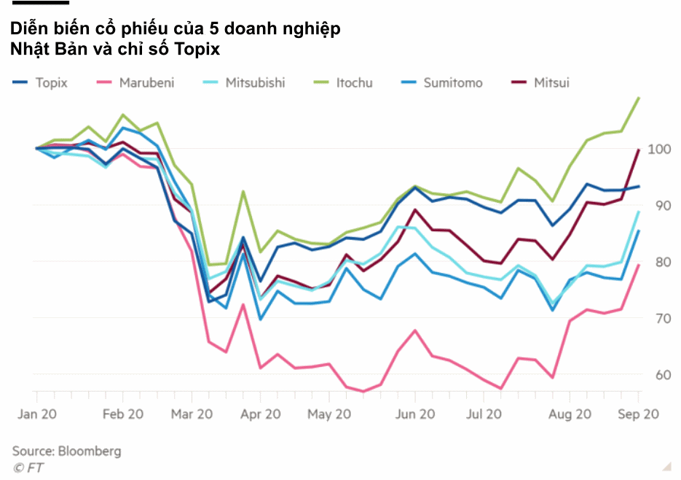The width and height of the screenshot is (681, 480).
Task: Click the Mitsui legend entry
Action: [551, 82]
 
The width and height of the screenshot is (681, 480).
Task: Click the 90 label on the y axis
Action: [660, 206]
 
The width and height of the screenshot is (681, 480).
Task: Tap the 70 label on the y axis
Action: [660, 319]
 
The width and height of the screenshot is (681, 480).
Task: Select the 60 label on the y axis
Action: [660, 375]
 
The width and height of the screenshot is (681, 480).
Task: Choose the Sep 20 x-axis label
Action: [639, 414]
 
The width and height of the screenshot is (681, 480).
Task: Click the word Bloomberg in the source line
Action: [90, 451]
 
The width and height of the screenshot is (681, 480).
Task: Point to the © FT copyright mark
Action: [28, 468]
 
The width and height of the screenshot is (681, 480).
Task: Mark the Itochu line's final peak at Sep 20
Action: [639, 98]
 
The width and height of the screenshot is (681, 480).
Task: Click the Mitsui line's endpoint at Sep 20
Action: [639, 150]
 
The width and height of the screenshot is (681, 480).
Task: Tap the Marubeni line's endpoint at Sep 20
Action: [639, 265]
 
